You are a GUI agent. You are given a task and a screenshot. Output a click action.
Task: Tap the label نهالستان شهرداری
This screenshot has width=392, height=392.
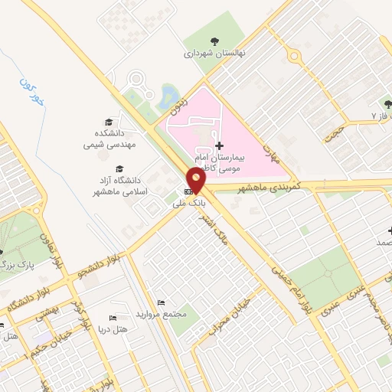(x=211, y=54)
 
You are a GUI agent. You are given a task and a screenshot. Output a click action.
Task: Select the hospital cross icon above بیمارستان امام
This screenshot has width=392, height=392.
(x=220, y=145)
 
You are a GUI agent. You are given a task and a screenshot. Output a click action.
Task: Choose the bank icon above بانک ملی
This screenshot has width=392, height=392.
(x=188, y=191)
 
